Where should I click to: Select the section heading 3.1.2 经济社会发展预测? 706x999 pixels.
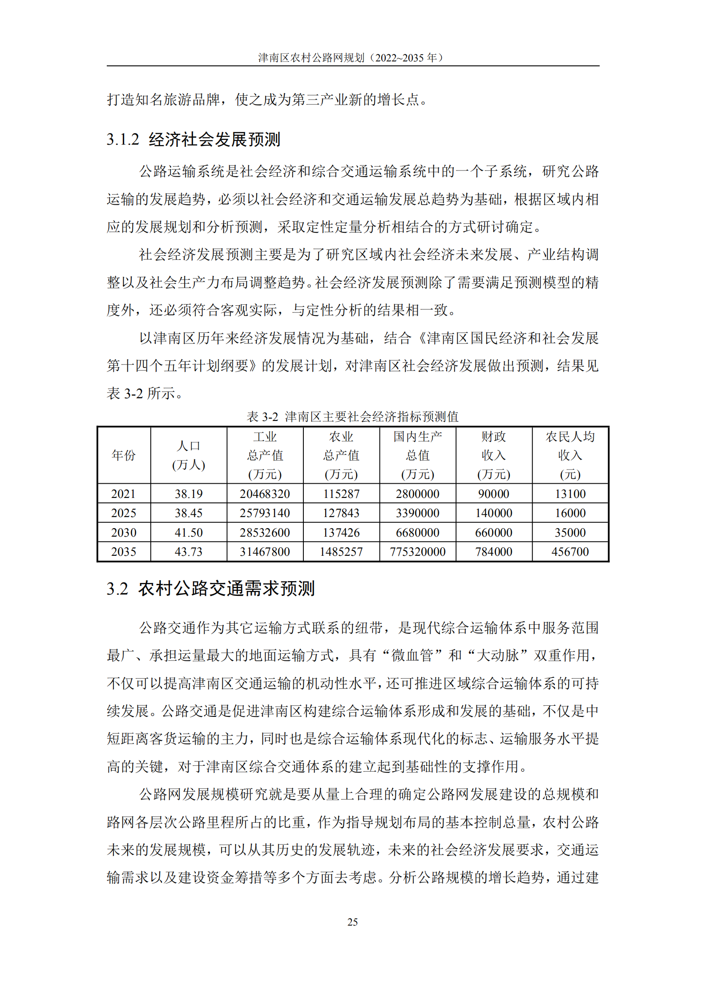click(193, 139)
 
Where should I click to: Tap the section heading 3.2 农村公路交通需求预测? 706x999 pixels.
click(210, 589)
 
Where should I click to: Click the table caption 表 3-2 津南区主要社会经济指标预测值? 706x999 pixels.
click(352, 417)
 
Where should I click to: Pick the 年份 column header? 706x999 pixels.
click(124, 455)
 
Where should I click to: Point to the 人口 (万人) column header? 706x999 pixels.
click(189, 455)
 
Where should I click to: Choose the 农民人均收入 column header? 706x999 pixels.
click(570, 455)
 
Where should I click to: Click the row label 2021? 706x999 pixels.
click(124, 493)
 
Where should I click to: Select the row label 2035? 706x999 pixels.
click(124, 552)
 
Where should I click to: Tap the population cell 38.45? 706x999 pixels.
click(189, 513)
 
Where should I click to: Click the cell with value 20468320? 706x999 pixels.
click(265, 493)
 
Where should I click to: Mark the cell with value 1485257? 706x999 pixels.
click(341, 552)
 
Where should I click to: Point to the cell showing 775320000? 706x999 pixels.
click(417, 552)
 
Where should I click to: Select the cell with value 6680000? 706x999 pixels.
click(417, 533)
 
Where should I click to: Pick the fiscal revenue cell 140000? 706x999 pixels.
click(494, 513)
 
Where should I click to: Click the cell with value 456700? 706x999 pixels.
click(570, 552)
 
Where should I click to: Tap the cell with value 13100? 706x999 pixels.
click(570, 493)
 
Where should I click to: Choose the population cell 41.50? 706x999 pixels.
click(189, 533)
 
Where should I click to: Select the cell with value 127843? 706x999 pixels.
click(341, 513)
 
